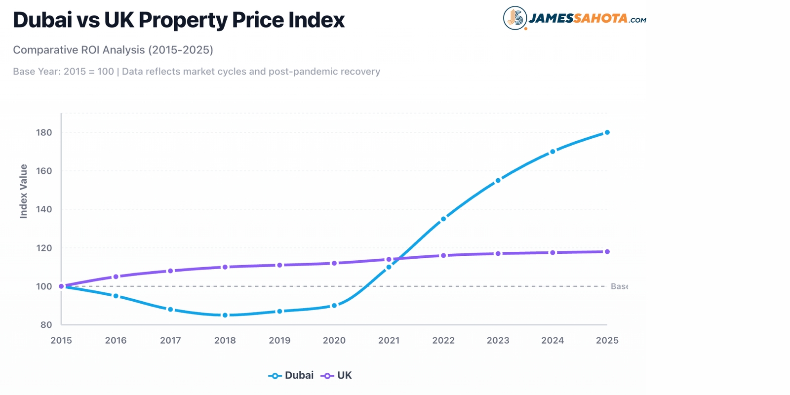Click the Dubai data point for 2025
[x=607, y=132]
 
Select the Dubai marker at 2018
[x=225, y=315]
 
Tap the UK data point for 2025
[x=607, y=252]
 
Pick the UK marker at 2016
[x=116, y=276]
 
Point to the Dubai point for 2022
[x=443, y=219]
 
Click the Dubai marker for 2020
[x=334, y=306]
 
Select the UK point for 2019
[x=279, y=265]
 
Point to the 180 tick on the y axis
[x=44, y=132]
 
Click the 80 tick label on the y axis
[x=46, y=325]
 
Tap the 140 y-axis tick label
[x=44, y=209]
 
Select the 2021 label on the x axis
[x=389, y=340]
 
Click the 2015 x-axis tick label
[x=61, y=340]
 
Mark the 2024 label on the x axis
[x=552, y=340]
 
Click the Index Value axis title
[x=23, y=191]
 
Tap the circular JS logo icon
[x=514, y=18]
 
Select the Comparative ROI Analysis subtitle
[x=113, y=50]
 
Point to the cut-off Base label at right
[x=619, y=286]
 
